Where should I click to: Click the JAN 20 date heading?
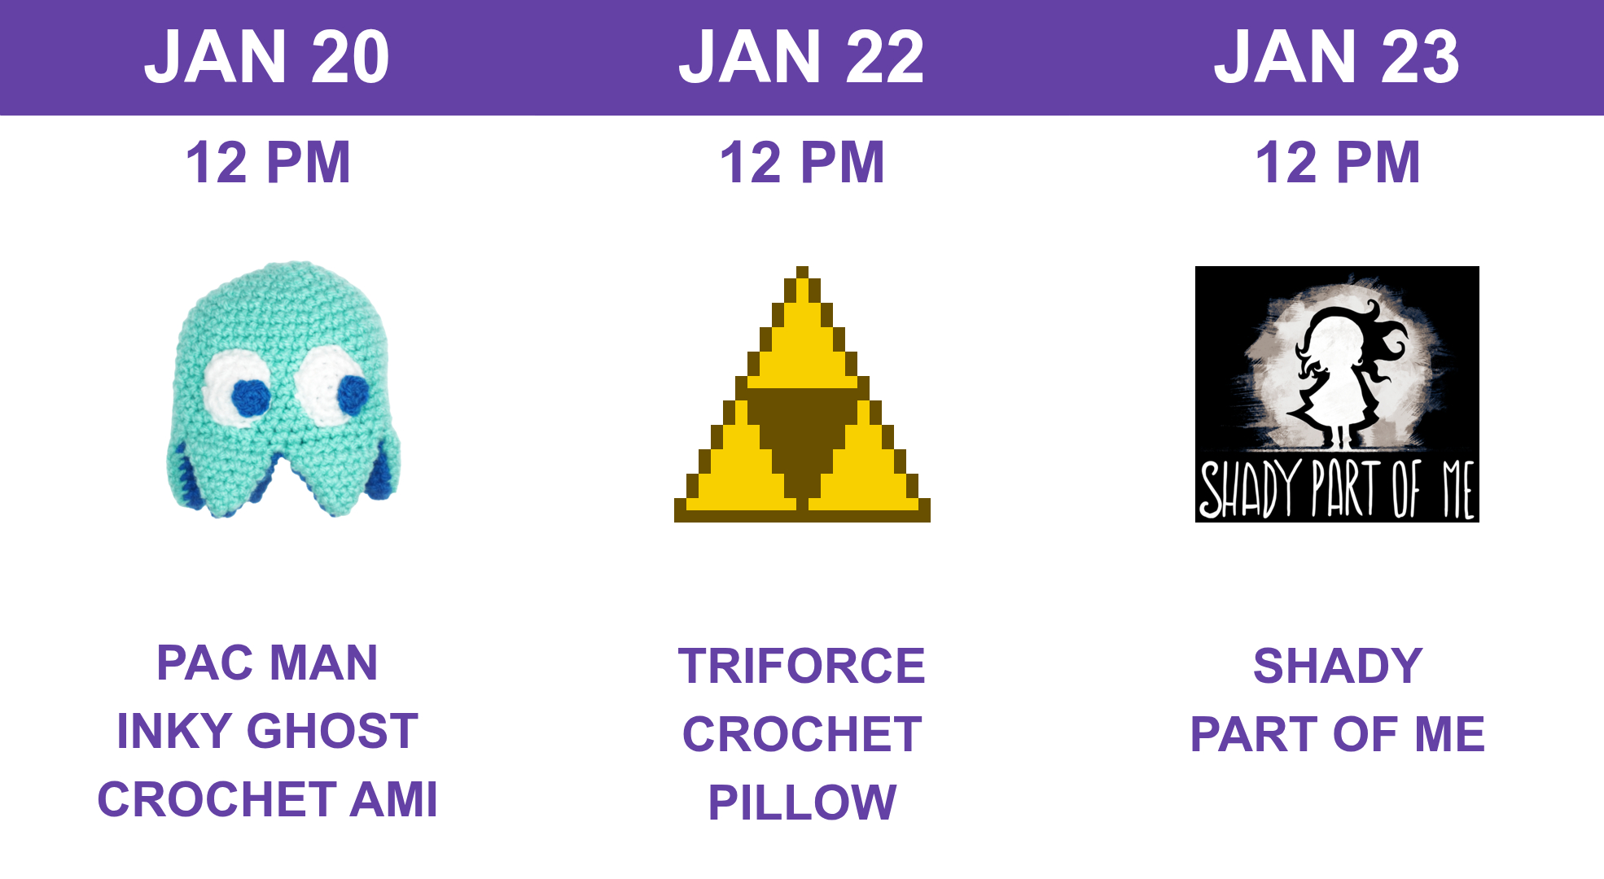point(267,56)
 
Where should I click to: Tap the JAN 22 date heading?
point(802,56)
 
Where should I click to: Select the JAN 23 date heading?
point(1337,56)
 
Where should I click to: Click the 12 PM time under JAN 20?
point(268,162)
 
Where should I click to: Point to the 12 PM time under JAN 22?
point(802,162)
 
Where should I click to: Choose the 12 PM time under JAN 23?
point(1338,162)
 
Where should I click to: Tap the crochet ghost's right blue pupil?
point(353,394)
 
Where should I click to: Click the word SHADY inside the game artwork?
point(1248,489)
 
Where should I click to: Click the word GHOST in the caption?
point(332,731)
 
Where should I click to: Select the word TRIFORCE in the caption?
point(802,666)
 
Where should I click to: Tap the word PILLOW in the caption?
point(802,802)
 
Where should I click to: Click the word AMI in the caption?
point(394,799)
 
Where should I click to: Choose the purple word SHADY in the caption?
point(1338,666)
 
